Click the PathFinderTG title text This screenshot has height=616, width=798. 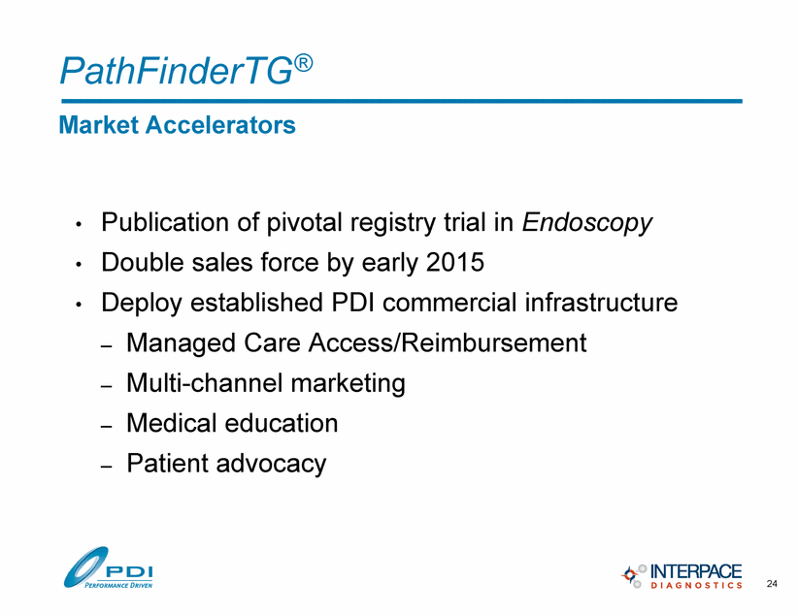186,70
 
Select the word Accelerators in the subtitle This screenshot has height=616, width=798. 220,124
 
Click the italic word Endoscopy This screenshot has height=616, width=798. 586,223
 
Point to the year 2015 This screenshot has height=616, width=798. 455,263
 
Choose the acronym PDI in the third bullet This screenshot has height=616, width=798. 352,303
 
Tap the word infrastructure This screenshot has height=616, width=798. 601,303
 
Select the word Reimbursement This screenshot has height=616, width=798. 493,342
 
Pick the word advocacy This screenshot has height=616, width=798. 271,464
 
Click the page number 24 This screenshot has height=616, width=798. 772,583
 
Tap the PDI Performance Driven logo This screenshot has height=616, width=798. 108,567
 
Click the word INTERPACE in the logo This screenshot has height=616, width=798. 696,570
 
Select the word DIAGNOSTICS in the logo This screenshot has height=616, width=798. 696,586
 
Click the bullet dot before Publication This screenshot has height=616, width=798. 79,224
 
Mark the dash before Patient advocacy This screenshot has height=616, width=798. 106,466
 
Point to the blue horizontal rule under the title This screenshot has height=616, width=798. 402,101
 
